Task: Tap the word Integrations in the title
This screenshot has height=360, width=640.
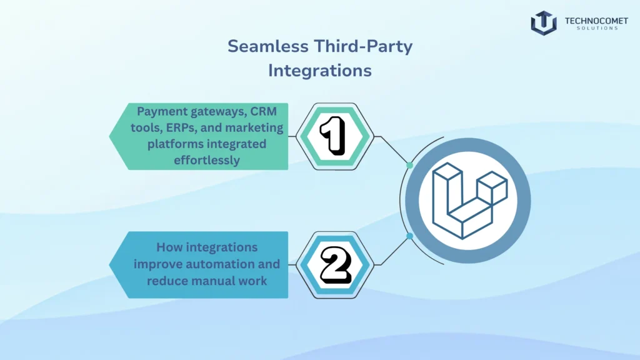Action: pyautogui.click(x=319, y=71)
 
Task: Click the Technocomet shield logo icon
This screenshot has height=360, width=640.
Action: pyautogui.click(x=543, y=22)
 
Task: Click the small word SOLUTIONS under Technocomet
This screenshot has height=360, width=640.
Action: pyautogui.click(x=591, y=29)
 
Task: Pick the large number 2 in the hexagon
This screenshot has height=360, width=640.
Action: pyautogui.click(x=334, y=264)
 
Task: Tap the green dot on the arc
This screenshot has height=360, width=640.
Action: pyautogui.click(x=409, y=165)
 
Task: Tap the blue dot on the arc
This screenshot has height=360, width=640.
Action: pyautogui.click(x=409, y=236)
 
